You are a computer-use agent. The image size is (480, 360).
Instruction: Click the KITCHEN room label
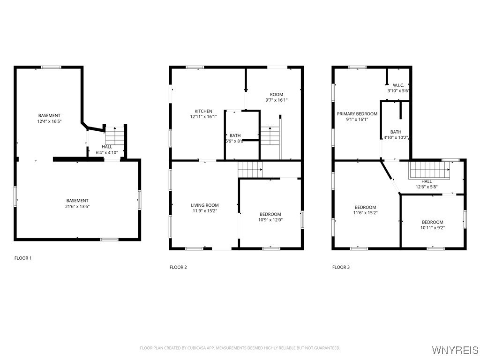coord(203,111)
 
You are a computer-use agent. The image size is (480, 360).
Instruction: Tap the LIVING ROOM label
coord(204,205)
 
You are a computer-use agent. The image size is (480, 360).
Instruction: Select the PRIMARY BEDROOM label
coord(357,114)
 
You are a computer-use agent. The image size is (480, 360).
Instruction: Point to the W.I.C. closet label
coord(398,85)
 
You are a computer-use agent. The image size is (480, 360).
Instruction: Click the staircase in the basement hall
coord(114,135)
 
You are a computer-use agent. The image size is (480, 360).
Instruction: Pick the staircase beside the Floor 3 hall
coord(428,170)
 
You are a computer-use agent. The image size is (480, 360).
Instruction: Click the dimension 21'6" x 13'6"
coord(77,206)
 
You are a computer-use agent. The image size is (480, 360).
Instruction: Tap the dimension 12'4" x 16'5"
coord(49,121)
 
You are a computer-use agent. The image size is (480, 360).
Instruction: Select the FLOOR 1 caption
coord(23,258)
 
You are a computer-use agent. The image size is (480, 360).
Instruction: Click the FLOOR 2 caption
coord(178,267)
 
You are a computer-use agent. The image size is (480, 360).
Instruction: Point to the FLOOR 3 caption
coord(341,267)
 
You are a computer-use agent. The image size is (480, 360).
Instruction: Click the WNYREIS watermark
coord(455,350)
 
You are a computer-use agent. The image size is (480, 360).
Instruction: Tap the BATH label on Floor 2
coord(235,135)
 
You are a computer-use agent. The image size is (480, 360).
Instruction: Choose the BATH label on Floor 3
coord(396,132)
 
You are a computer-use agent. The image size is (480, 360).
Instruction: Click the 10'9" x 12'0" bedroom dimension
coord(270,220)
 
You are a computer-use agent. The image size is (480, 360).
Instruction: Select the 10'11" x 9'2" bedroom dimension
coord(432,228)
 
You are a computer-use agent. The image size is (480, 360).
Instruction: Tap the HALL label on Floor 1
coord(107,147)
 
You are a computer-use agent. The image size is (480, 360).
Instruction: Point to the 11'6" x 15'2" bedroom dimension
coord(365,213)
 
